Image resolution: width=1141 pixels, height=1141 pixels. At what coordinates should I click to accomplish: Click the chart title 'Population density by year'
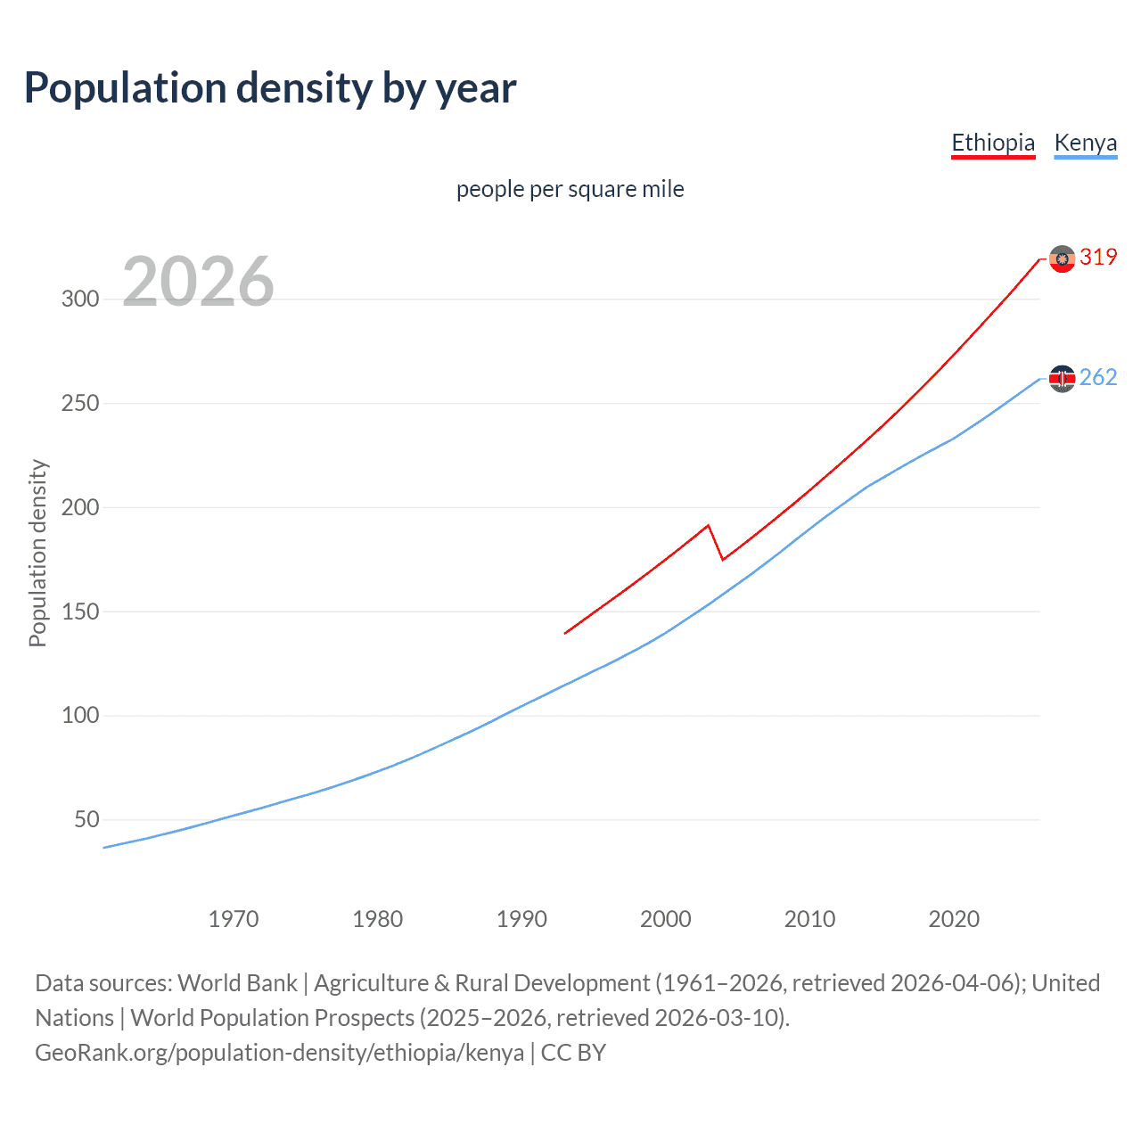tap(270, 88)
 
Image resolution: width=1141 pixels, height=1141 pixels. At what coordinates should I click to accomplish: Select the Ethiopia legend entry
tap(993, 143)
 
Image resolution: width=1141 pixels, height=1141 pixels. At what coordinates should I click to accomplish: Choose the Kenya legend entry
tap(1085, 143)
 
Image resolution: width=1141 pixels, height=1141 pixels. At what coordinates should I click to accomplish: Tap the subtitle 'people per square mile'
tap(570, 189)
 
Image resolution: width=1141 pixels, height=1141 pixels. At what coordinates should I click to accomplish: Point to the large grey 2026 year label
tap(198, 282)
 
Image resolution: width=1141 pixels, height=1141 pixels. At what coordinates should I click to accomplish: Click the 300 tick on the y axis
tap(80, 299)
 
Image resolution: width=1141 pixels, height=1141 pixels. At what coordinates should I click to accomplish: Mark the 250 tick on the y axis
tap(80, 403)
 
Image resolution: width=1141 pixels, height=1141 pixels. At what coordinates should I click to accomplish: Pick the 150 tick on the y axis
tap(80, 612)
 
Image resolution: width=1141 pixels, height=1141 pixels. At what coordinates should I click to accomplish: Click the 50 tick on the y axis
tap(86, 819)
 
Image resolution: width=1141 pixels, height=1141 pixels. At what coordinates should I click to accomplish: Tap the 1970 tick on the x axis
tap(234, 919)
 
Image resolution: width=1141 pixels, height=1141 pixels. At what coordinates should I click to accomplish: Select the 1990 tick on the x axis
tap(521, 919)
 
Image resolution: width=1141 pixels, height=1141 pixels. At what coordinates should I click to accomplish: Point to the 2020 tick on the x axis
tap(954, 919)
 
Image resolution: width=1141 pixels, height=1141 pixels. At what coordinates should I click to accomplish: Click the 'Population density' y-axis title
tap(37, 553)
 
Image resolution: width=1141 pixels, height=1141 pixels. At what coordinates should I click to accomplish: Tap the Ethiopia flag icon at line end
tap(1062, 259)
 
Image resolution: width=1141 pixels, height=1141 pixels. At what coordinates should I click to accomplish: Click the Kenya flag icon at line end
tap(1062, 379)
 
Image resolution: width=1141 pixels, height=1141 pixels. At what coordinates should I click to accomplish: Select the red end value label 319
tap(1098, 258)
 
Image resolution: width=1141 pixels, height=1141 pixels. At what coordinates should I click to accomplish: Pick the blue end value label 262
tap(1098, 378)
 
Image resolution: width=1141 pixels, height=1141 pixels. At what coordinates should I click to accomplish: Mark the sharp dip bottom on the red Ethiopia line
tap(722, 560)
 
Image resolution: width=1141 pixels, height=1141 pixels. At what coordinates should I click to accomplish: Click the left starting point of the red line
tap(565, 633)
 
